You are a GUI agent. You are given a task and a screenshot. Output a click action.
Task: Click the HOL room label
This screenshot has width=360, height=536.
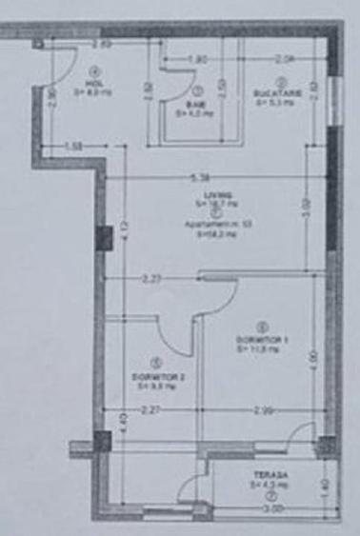pyautogui.click(x=93, y=82)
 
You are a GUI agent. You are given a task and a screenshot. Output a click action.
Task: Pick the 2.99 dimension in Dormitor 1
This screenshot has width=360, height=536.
pyautogui.click(x=264, y=411)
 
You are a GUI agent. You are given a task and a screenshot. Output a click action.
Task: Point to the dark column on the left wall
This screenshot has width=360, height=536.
pyautogui.click(x=101, y=442)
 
